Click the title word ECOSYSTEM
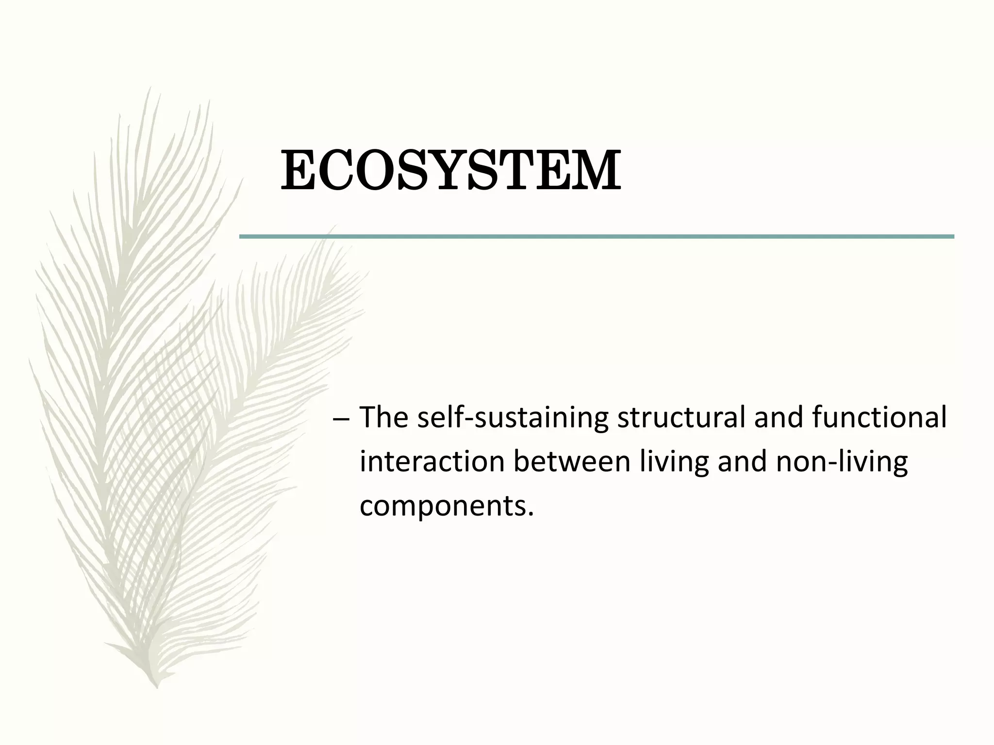(450, 171)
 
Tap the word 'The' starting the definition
(383, 418)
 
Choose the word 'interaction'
(432, 462)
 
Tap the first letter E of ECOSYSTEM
(297, 171)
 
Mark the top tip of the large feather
(149, 89)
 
